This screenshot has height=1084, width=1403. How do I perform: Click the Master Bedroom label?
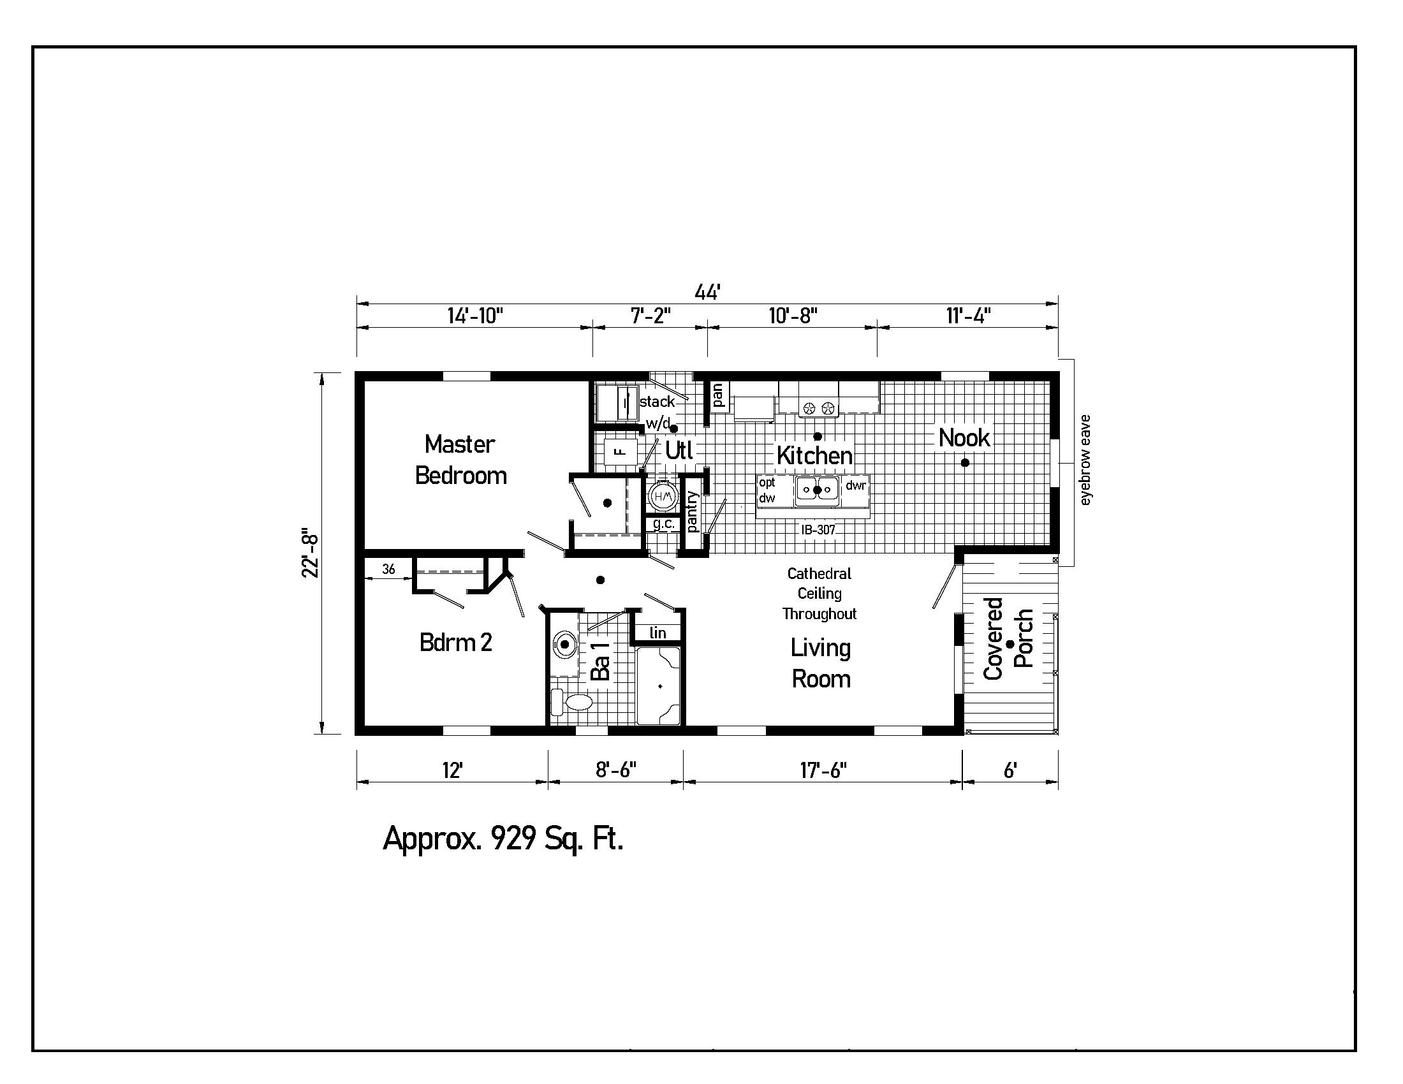tap(460, 460)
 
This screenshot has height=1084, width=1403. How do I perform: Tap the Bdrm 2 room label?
tap(455, 642)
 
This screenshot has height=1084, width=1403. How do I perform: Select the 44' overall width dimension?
tap(707, 293)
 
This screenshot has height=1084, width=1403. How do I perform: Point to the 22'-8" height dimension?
tap(311, 553)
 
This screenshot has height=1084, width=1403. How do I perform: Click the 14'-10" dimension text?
tap(474, 316)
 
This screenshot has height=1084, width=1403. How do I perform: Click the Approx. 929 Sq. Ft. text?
tap(503, 838)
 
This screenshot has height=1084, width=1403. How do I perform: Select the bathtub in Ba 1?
tap(659, 686)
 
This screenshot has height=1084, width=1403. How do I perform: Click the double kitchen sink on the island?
tap(816, 490)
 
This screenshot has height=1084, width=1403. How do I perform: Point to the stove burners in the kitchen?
tap(819, 407)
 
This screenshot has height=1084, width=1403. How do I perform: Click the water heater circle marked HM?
tap(663, 495)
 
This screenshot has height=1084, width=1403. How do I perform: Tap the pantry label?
tap(693, 512)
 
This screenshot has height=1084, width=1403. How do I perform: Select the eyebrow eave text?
tap(1085, 460)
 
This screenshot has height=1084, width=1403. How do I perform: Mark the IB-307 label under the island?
tap(818, 530)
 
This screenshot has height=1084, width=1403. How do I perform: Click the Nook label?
tap(964, 438)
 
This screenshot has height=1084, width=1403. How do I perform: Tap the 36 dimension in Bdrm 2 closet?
tap(388, 569)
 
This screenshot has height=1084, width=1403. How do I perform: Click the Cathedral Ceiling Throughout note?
tap(819, 594)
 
